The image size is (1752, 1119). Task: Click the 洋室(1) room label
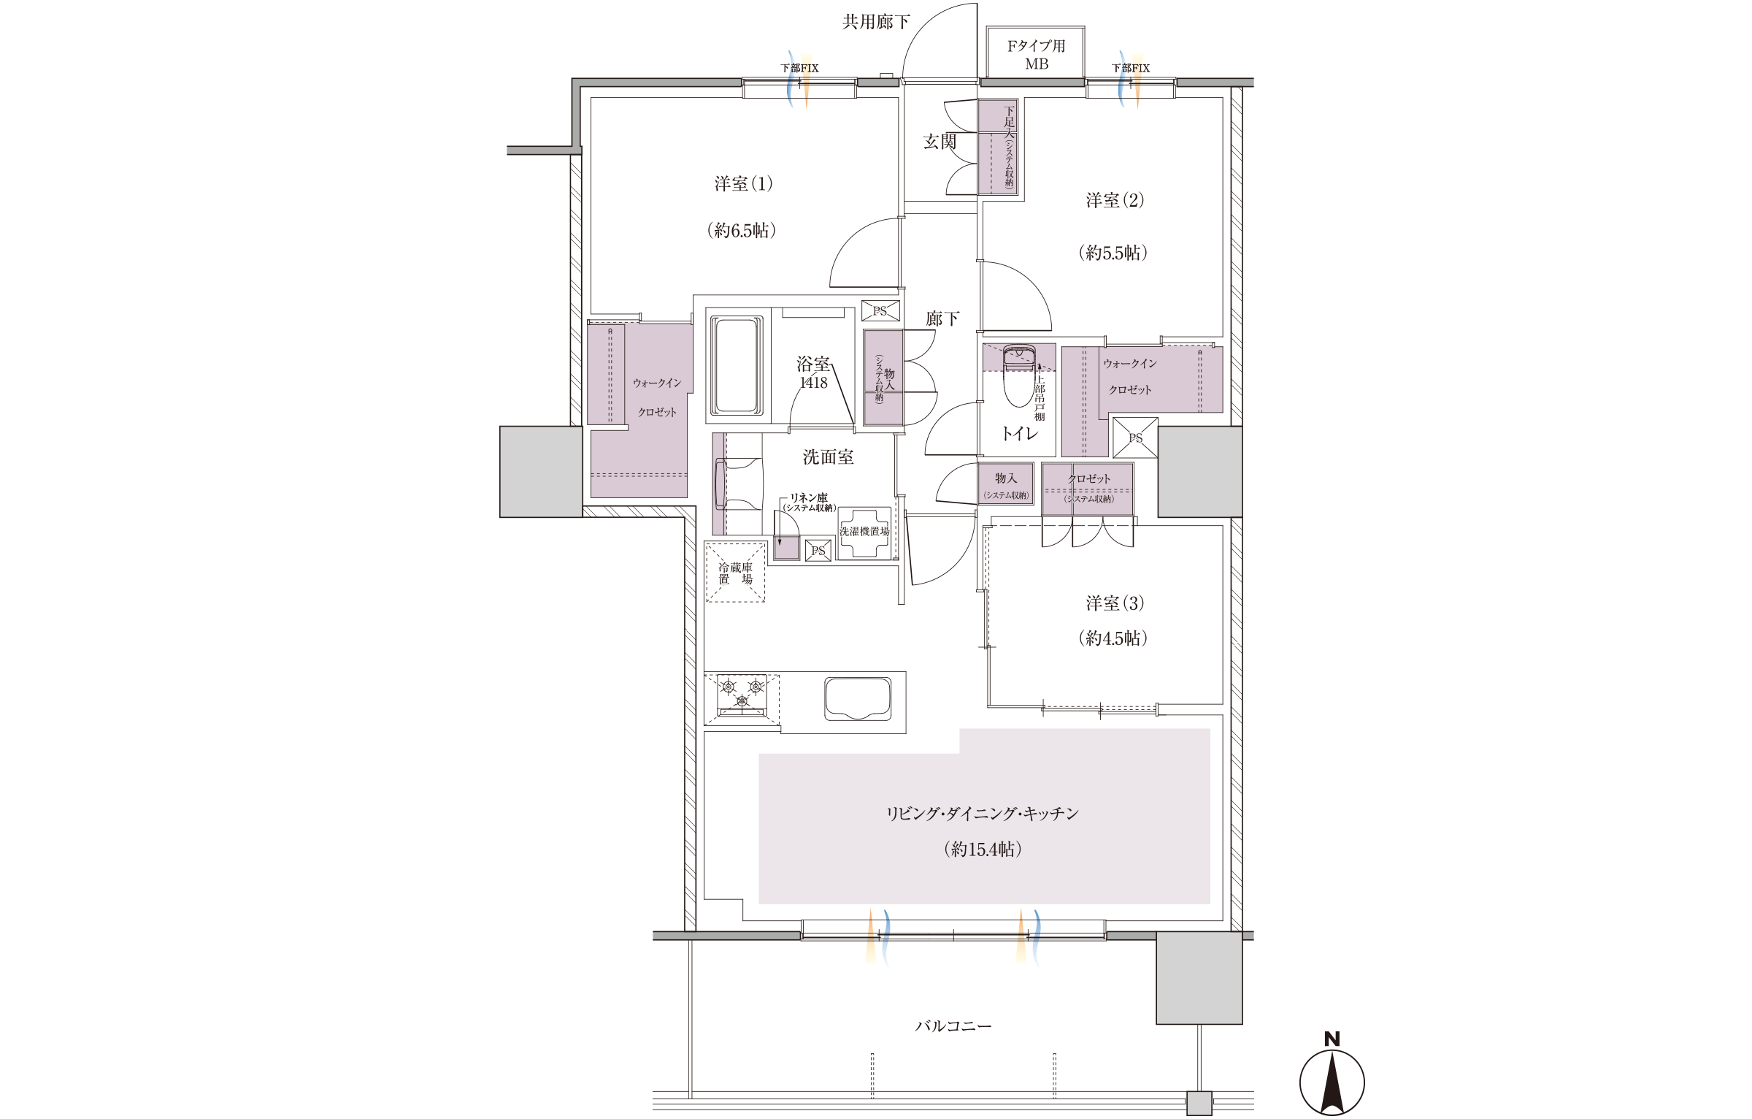(743, 183)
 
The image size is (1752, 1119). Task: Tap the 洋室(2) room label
(1115, 200)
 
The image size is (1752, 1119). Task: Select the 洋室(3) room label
(1115, 603)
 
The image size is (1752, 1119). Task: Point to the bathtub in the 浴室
(737, 365)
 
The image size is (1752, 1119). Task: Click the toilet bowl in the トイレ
(1019, 375)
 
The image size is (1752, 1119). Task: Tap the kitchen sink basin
(858, 698)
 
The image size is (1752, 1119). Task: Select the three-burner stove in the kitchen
(742, 694)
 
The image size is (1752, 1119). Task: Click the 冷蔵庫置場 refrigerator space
(735, 573)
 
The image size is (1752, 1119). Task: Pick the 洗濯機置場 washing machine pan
(864, 533)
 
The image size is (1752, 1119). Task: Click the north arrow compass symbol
(1332, 1078)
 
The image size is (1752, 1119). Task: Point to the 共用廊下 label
(876, 22)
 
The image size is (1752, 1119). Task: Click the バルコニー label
(953, 1026)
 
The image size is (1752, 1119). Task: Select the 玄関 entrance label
(940, 141)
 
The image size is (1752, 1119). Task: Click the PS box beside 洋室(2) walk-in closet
(1135, 438)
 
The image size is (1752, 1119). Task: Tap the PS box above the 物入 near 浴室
(880, 311)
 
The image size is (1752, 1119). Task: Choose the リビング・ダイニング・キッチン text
(983, 814)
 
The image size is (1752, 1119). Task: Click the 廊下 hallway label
(942, 318)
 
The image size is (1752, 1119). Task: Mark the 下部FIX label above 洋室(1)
(800, 68)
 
